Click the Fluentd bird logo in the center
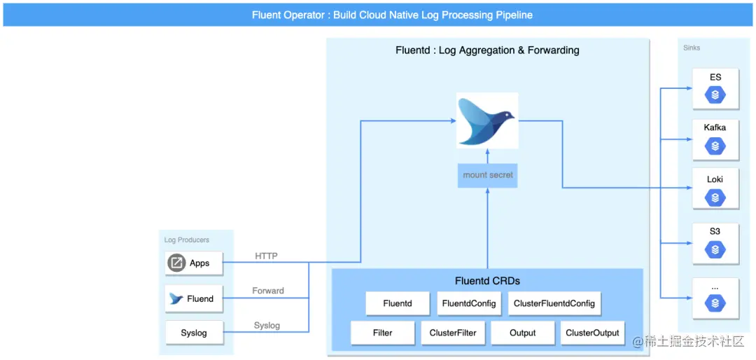(x=487, y=120)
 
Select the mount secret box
(x=488, y=175)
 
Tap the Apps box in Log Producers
(x=194, y=263)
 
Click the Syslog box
(x=194, y=333)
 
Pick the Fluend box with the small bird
(x=194, y=298)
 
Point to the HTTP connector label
(x=266, y=256)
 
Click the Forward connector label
(x=268, y=291)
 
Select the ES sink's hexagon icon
(x=715, y=95)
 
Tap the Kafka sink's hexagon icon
(x=715, y=146)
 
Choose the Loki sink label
(x=715, y=179)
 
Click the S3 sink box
(x=715, y=244)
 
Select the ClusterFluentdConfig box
(x=554, y=303)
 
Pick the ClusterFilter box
(x=453, y=333)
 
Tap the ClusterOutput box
(x=593, y=333)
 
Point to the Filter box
(x=383, y=333)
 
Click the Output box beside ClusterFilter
(x=523, y=333)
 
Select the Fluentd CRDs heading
(x=487, y=281)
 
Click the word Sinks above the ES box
(x=692, y=48)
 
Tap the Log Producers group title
(x=187, y=240)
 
